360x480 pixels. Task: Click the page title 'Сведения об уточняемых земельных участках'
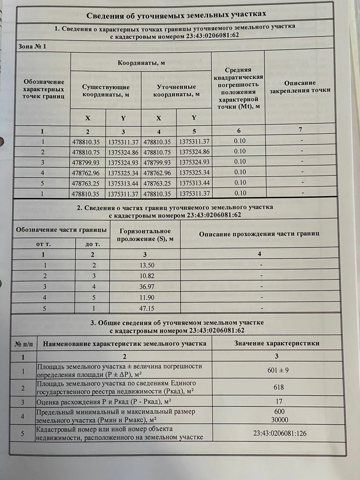pos(176,15)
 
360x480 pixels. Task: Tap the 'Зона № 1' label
pos(32,46)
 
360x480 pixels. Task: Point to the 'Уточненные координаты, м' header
pos(176,90)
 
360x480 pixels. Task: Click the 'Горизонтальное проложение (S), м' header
pos(145,235)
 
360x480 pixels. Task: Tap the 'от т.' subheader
pos(43,244)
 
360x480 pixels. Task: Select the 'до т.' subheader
pos(92,244)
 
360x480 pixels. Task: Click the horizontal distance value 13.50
pos(147,265)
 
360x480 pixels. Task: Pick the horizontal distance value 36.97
pos(147,287)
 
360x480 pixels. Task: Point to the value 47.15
pos(147,308)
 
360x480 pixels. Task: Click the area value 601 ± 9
pos(278,370)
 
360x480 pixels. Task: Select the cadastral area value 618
pos(278,387)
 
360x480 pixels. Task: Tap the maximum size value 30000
pos(279,420)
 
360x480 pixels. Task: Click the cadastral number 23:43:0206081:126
pos(280,433)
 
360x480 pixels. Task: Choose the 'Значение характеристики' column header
pos(277,343)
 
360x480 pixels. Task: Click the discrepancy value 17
pos(279,401)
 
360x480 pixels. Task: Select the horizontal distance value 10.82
pos(147,276)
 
